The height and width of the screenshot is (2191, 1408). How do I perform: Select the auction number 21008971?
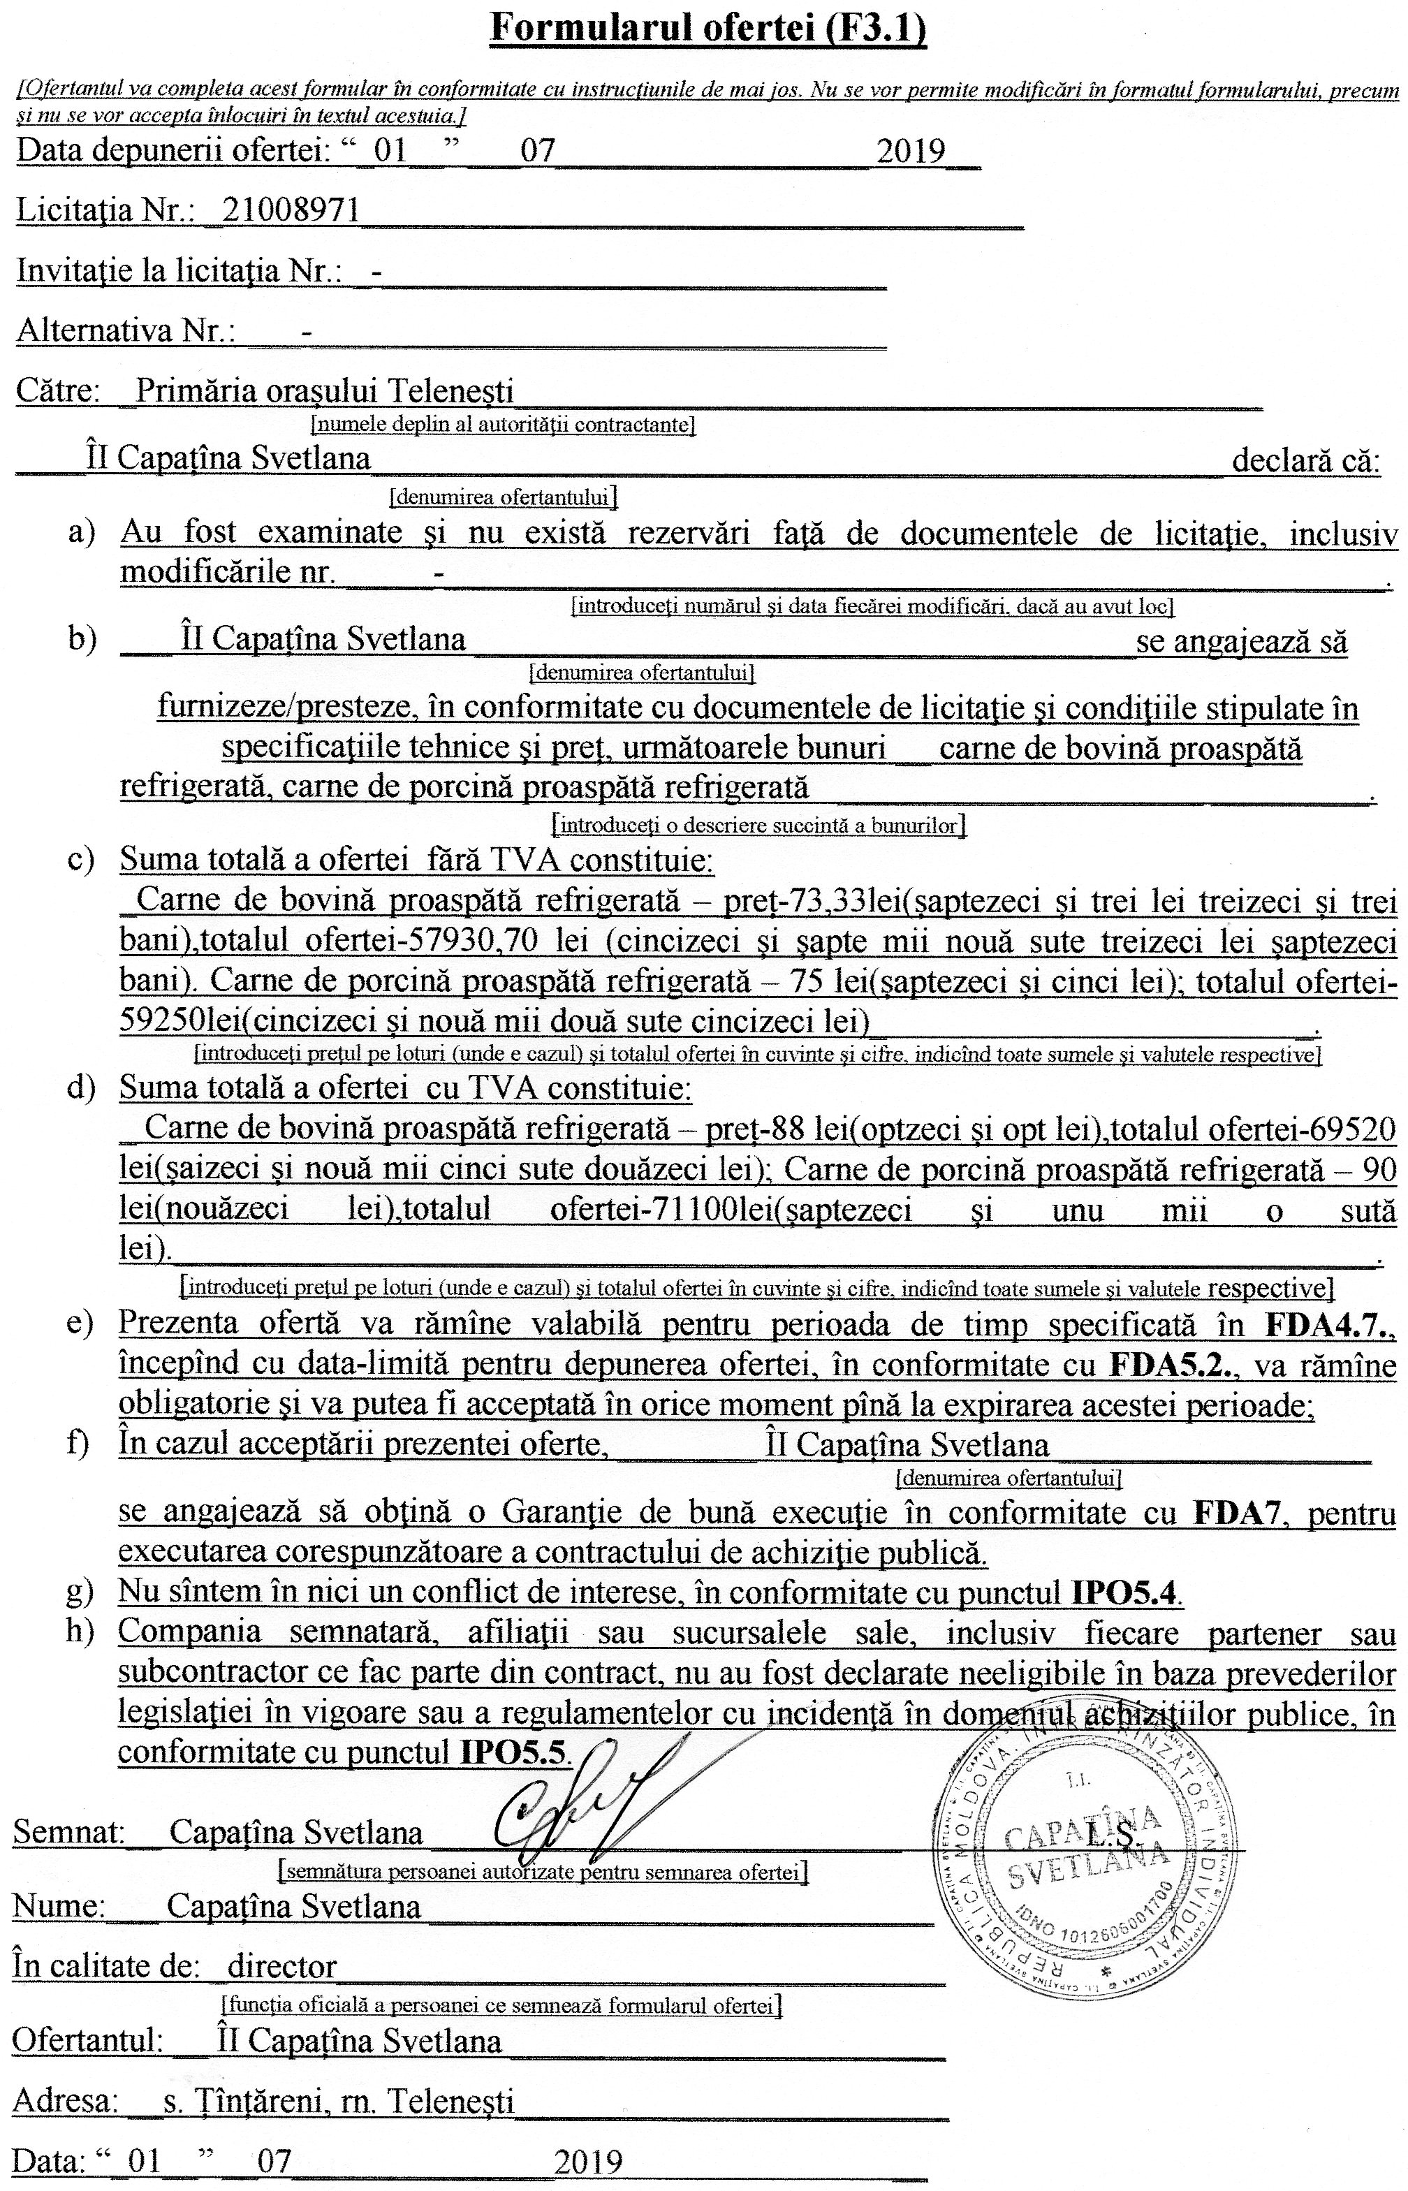[289, 210]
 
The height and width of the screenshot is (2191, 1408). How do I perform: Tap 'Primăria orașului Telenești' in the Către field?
[325, 391]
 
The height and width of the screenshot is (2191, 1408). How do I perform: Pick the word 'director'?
[283, 1965]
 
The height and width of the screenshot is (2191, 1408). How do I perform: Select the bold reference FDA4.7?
[1331, 1324]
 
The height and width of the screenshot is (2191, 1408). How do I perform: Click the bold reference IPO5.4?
[1124, 1593]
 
